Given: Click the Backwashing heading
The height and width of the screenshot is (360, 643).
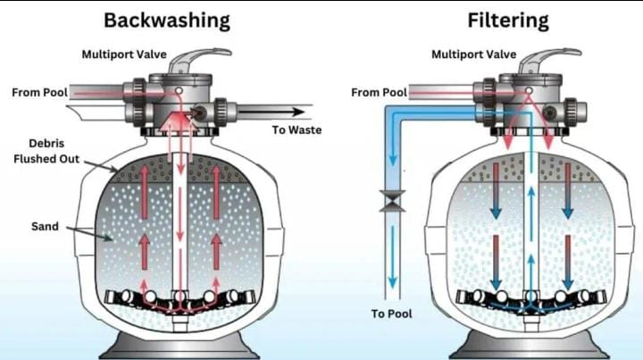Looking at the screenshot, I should (x=167, y=20).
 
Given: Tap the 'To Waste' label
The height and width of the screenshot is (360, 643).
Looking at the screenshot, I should (x=296, y=130).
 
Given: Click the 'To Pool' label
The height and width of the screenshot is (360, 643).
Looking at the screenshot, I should (x=392, y=314).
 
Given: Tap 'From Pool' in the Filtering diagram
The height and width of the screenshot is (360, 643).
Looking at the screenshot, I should (x=379, y=92).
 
